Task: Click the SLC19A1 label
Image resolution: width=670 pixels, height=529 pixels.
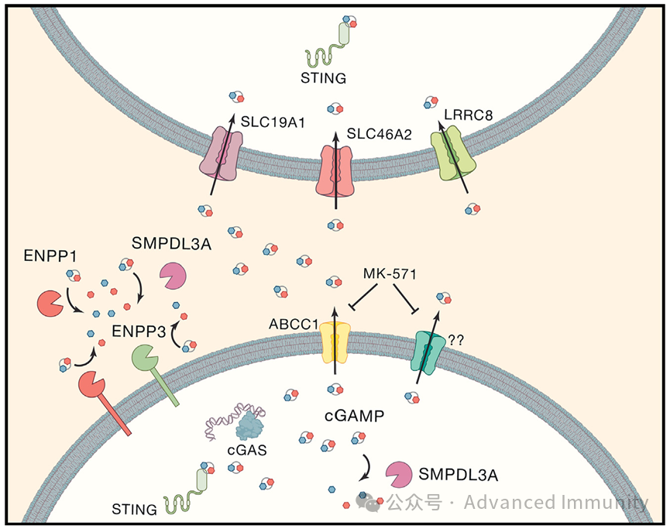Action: [x=273, y=122]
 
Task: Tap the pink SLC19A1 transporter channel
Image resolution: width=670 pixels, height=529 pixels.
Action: [x=222, y=153]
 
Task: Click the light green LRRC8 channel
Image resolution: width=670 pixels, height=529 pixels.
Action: [x=453, y=153]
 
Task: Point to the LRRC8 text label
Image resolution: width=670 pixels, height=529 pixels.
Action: [x=469, y=115]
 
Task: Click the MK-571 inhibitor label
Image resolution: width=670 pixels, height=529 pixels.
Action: [x=390, y=273]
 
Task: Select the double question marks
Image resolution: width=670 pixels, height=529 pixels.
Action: [x=455, y=340]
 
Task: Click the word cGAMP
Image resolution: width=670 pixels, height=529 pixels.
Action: [x=354, y=415]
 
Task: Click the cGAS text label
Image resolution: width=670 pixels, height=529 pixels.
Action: [x=247, y=450]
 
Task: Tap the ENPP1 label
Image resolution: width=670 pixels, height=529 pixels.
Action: [x=50, y=256]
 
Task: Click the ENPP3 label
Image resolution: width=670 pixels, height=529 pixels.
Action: [x=139, y=331]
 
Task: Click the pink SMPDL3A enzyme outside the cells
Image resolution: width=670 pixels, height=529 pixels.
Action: [x=173, y=276]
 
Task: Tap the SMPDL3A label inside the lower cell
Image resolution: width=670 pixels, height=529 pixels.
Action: [x=458, y=475]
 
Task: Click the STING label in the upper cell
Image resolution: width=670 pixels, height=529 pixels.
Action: [x=324, y=78]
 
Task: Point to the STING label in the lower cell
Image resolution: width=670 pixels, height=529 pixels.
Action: [x=134, y=510]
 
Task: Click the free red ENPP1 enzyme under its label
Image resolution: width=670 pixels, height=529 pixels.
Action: [x=50, y=304]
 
